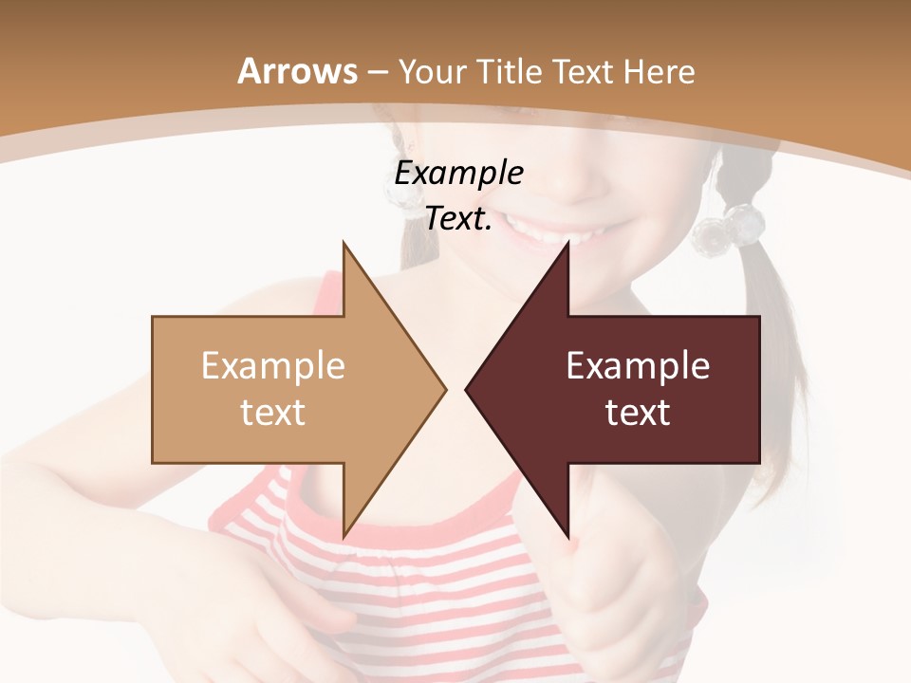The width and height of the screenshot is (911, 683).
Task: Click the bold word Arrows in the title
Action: click(298, 71)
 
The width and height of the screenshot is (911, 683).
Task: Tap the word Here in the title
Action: click(659, 72)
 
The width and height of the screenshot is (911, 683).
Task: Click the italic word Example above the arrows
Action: click(458, 174)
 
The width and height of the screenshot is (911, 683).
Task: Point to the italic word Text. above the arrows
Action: click(458, 219)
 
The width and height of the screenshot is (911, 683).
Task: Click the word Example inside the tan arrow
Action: click(272, 366)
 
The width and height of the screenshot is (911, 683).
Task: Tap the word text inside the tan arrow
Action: click(272, 413)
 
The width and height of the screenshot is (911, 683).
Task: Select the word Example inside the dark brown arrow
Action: click(638, 366)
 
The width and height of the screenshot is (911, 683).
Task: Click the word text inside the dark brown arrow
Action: click(638, 413)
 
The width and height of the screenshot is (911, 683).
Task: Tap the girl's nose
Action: click(569, 175)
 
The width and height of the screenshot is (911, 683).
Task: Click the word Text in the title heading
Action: click(584, 72)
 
